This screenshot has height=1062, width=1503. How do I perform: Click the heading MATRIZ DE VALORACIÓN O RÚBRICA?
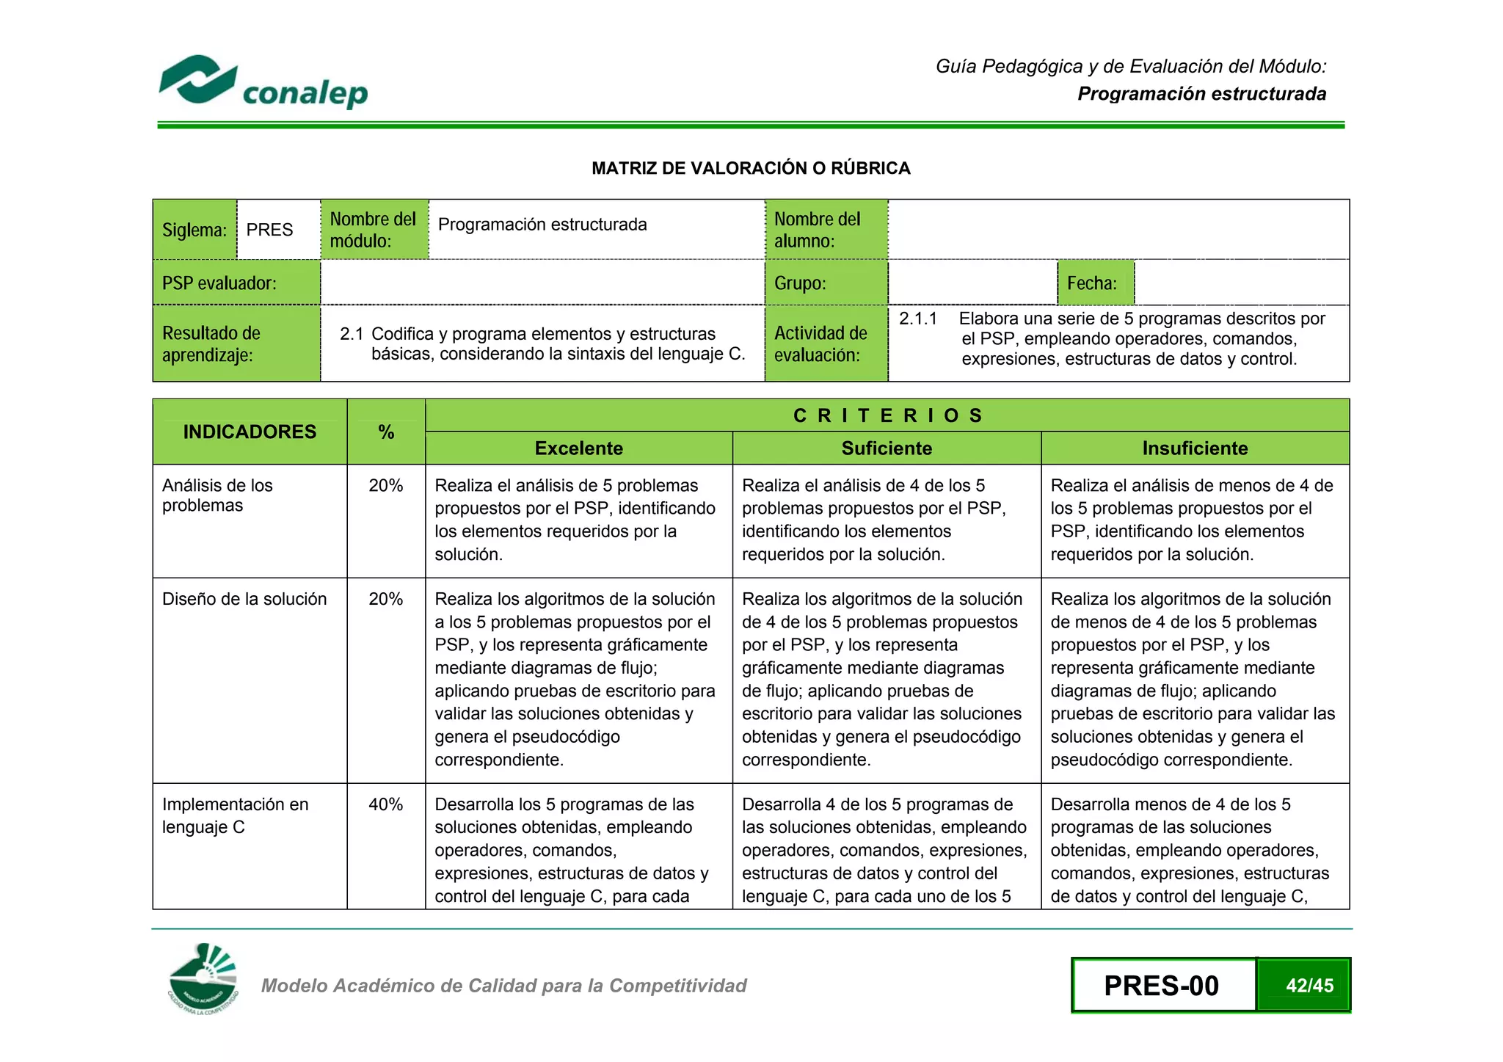click(x=751, y=168)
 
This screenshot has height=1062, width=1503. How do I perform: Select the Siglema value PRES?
click(x=269, y=230)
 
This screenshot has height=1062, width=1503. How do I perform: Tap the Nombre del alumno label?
click(x=817, y=230)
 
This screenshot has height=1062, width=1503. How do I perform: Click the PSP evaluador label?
click(x=219, y=283)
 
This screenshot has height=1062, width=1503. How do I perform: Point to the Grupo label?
click(x=800, y=283)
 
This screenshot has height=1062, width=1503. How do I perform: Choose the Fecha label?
click(x=1091, y=283)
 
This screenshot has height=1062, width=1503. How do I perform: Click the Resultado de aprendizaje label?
click(x=211, y=343)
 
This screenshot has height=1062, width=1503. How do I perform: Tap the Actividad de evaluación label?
click(x=820, y=343)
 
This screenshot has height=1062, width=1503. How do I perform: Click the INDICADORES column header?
click(x=250, y=432)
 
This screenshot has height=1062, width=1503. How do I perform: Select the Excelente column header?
click(x=578, y=448)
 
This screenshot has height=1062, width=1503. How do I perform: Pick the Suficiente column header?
click(x=887, y=448)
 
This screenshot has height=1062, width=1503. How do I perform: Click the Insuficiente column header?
click(x=1195, y=448)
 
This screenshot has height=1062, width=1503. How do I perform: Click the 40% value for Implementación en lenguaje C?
click(x=386, y=804)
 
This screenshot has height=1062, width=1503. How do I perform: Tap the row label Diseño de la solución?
click(x=244, y=599)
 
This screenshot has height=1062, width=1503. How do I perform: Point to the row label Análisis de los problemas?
click(x=217, y=495)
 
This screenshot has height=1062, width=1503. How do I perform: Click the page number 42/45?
click(x=1309, y=986)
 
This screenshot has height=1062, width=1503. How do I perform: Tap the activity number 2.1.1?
click(x=918, y=319)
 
